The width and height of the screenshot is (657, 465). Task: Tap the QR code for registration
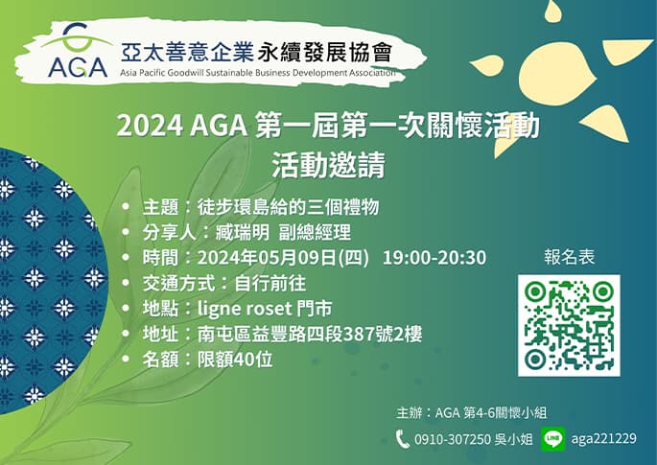(x=569, y=326)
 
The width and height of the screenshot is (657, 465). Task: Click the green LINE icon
(x=552, y=439)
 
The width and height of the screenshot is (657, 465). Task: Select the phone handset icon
(x=403, y=439)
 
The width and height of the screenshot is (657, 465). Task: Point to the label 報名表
(x=569, y=258)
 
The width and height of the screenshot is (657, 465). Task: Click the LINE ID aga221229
(x=602, y=439)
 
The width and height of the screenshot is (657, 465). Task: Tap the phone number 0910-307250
(x=451, y=439)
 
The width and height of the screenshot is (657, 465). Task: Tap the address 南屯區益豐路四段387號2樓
(x=310, y=335)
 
